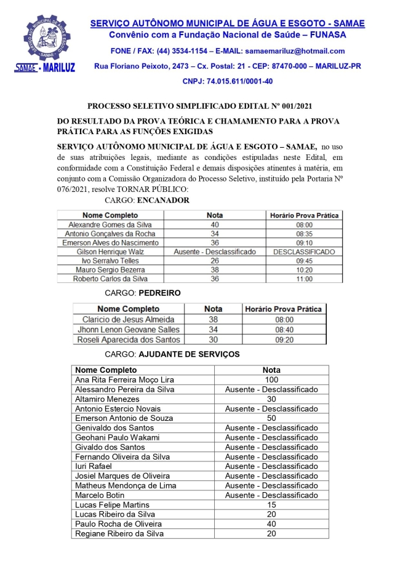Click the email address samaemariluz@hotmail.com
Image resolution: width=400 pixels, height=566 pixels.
coord(294,51)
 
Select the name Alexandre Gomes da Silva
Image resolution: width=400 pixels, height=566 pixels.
coord(110,225)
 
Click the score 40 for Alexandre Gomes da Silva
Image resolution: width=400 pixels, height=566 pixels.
coord(215,225)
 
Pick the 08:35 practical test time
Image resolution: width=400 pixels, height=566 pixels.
coord(305,234)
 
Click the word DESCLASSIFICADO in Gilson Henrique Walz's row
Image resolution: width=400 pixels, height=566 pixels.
coord(305,252)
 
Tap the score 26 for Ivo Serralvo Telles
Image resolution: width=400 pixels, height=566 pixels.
coord(215,261)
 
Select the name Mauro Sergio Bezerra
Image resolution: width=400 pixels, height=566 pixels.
coord(110,270)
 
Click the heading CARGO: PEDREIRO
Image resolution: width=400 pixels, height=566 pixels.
coord(143,293)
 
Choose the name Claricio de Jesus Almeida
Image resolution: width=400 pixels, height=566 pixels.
coord(129,319)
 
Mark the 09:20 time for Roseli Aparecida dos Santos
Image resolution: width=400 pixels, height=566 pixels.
coord(283,339)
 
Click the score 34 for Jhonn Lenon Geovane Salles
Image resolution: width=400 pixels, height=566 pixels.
coord(214,329)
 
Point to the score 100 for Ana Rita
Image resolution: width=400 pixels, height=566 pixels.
coord(271,380)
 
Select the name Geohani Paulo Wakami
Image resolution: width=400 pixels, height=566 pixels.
coord(117,437)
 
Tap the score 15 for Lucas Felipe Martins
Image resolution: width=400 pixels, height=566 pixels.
coord(271,505)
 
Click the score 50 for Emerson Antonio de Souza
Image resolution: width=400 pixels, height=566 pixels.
coord(271,418)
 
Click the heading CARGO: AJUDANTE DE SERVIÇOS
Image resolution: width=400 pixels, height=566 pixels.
coord(172,354)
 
